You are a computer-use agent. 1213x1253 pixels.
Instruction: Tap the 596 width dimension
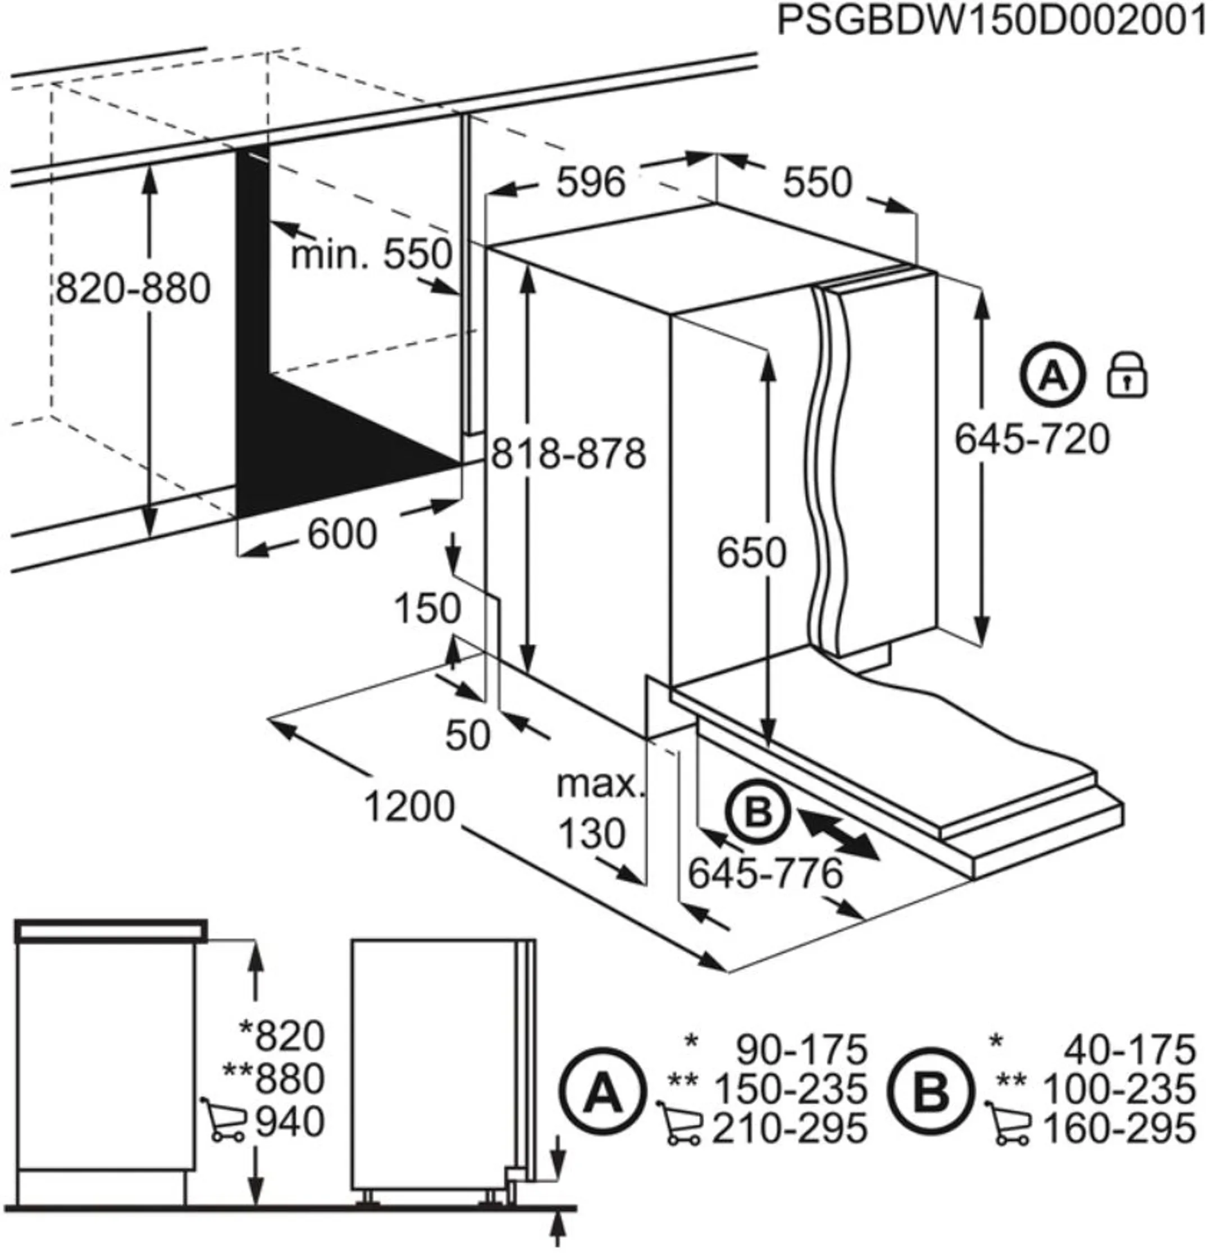click(x=590, y=182)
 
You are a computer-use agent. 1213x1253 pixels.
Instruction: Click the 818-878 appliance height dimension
click(x=568, y=455)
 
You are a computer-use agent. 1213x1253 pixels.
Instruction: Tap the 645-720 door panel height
click(x=1032, y=439)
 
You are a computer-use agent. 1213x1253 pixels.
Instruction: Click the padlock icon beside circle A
click(x=1127, y=377)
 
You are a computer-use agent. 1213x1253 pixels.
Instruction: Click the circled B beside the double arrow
click(x=758, y=815)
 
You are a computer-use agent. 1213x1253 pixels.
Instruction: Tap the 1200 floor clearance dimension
click(x=409, y=807)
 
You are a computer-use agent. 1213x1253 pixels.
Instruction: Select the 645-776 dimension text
click(x=765, y=874)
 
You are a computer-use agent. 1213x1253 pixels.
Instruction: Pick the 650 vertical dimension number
click(x=751, y=553)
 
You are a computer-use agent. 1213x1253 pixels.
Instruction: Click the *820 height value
click(x=281, y=1036)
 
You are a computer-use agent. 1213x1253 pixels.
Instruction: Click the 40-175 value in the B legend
click(x=1129, y=1050)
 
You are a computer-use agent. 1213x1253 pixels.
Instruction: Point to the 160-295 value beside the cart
click(x=1119, y=1128)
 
